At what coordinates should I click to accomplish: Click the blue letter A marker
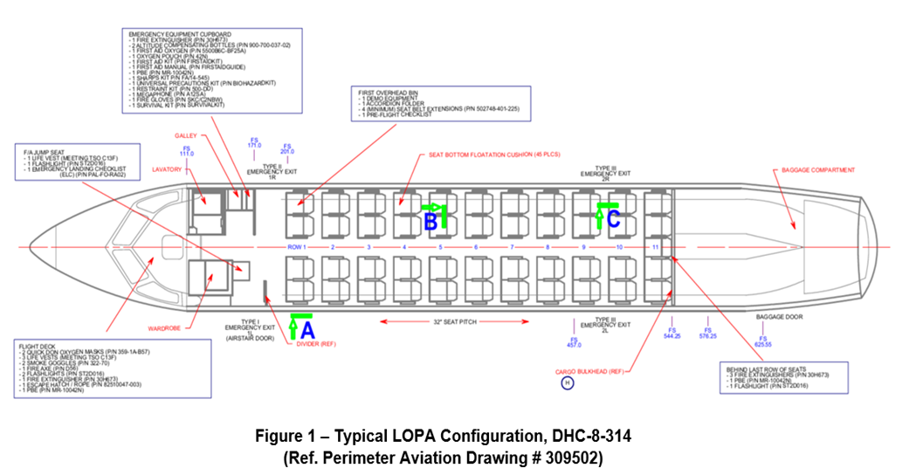pos(307,330)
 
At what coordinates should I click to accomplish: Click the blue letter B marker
pos(431,222)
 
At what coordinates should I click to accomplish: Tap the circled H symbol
pos(567,383)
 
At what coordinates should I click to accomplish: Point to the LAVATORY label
pos(166,169)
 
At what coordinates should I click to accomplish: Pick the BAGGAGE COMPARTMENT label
pos(817,169)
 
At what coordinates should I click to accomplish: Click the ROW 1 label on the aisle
pos(298,247)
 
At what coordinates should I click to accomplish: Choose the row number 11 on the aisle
pos(656,247)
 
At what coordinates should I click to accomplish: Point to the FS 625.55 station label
pos(762,341)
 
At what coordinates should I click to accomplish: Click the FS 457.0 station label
pos(574,341)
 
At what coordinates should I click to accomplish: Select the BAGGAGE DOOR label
pos(778,317)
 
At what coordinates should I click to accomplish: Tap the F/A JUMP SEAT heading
pos(42,152)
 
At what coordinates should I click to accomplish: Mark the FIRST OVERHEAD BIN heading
pos(389,91)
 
